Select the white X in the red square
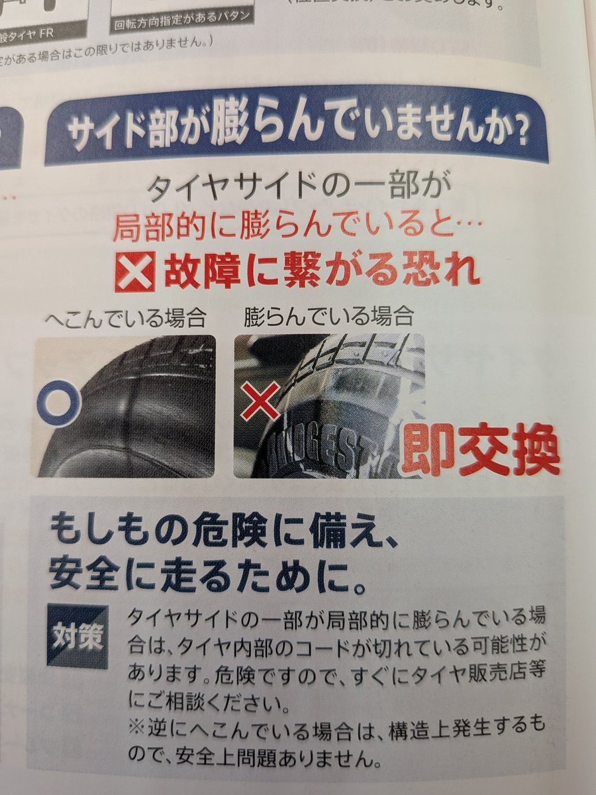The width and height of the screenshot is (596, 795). (x=134, y=272)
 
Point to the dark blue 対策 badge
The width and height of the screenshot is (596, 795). (x=77, y=637)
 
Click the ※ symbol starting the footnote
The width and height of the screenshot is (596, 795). (x=135, y=725)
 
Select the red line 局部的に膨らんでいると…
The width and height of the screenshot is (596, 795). (x=292, y=229)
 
